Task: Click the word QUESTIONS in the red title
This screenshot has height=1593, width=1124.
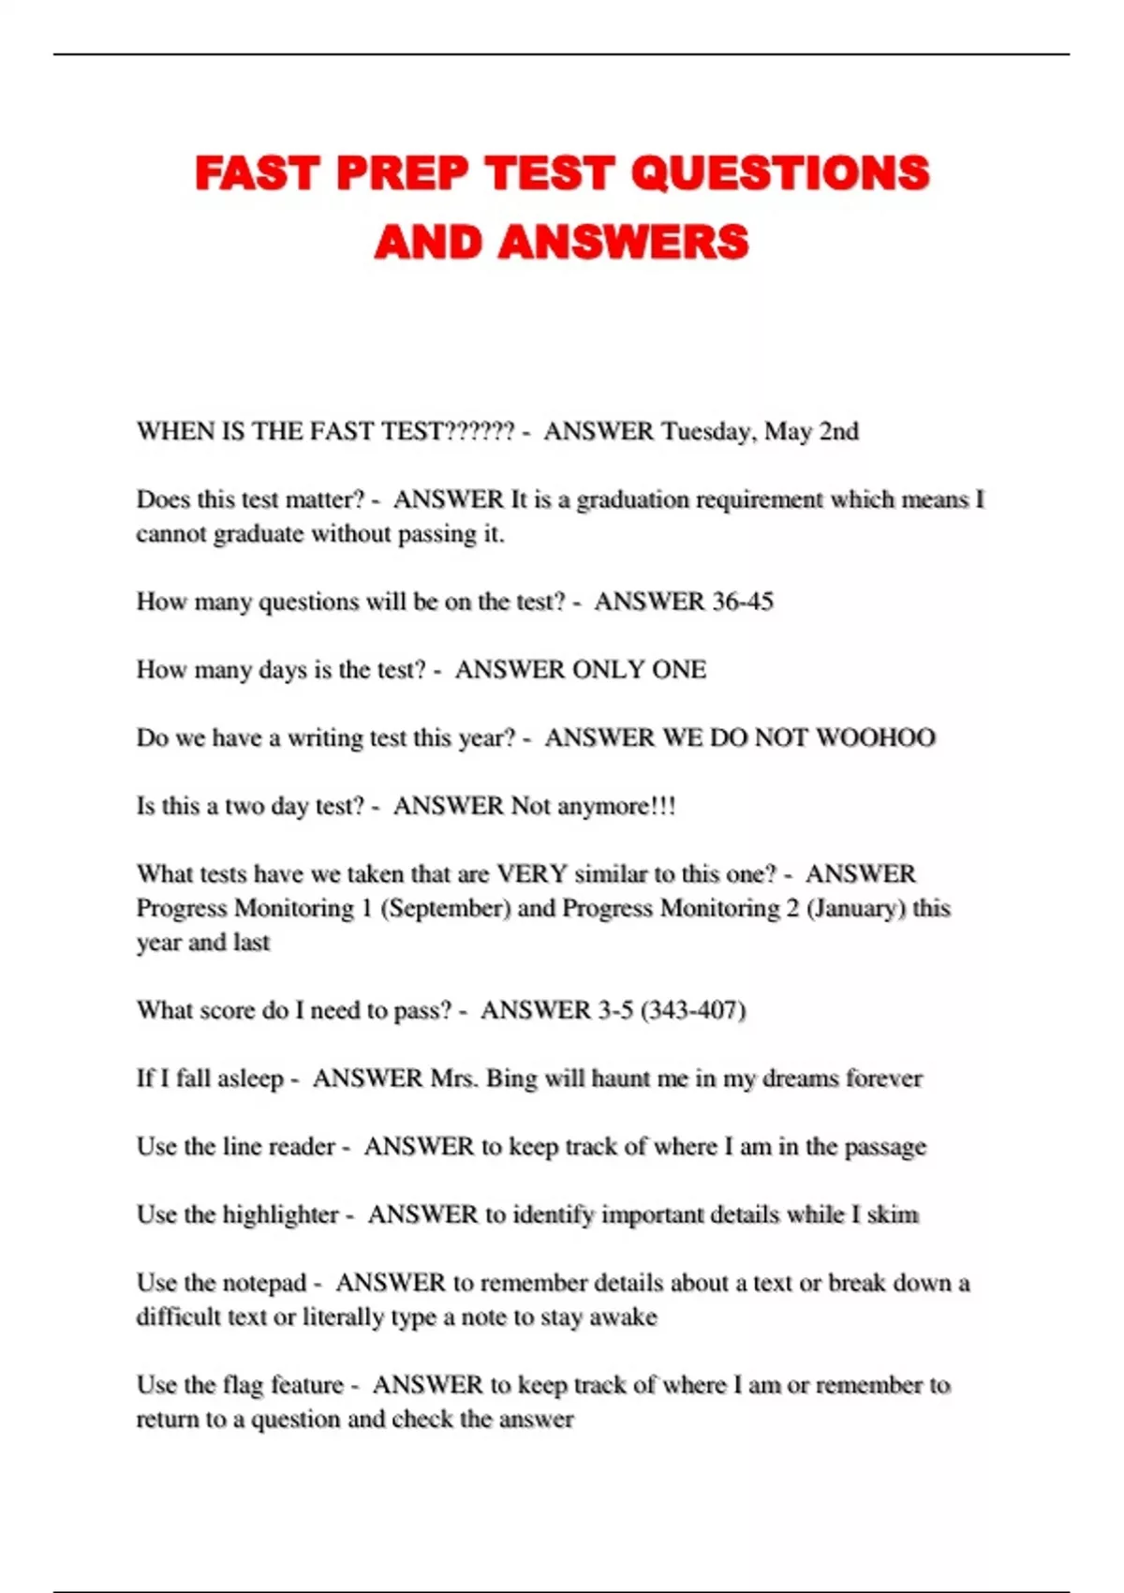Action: [779, 174]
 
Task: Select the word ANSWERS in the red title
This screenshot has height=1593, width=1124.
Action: [623, 243]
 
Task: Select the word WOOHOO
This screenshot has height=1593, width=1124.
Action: [875, 737]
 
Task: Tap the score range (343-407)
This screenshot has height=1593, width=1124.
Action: [693, 1010]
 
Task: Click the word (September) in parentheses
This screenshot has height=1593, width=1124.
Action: [445, 909]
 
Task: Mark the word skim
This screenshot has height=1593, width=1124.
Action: [893, 1215]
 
